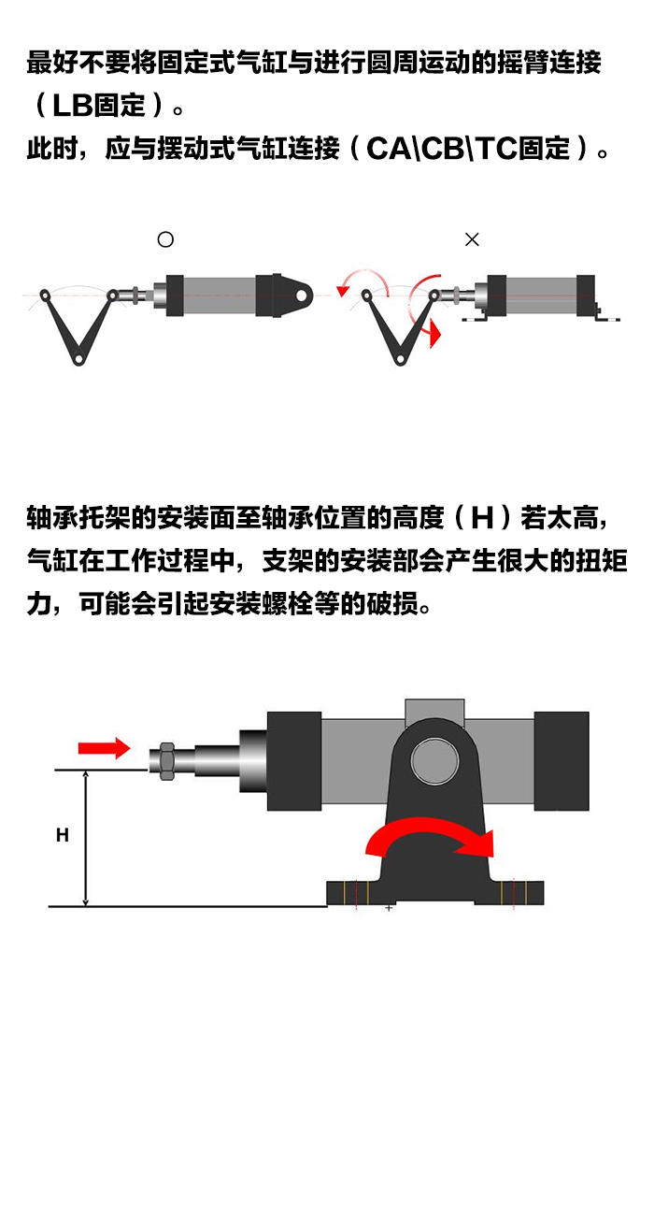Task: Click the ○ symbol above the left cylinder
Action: point(165,239)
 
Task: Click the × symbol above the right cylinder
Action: point(472,239)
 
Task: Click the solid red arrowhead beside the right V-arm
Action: point(433,335)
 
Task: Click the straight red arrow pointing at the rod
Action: point(103,747)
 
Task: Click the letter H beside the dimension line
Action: point(62,835)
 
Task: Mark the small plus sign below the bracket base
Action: point(389,908)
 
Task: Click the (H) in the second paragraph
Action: point(481,517)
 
